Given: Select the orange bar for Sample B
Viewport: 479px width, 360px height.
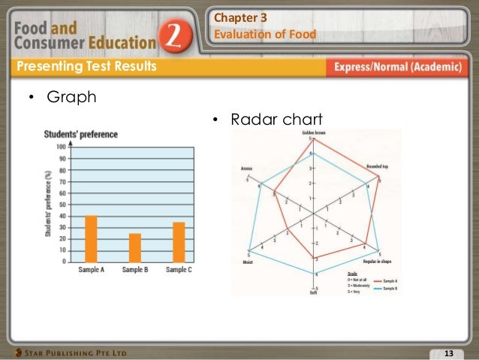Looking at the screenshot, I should [135, 247].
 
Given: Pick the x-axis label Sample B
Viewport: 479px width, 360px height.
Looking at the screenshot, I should [135, 270].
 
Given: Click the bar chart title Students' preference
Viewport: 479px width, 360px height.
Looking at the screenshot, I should [80, 135].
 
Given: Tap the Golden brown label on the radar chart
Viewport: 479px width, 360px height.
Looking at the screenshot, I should [313, 133].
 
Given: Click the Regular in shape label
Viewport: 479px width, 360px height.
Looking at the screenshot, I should [379, 263].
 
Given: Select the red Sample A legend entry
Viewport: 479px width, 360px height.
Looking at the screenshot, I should [390, 280].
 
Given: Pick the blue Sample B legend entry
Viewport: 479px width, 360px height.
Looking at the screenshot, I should [390, 289].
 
